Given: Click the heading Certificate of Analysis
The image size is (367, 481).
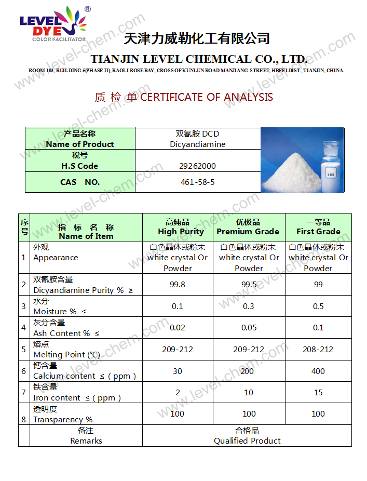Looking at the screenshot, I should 184,97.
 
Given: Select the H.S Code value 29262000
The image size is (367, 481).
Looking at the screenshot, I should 198,166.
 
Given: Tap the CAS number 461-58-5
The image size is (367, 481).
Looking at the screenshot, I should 197,182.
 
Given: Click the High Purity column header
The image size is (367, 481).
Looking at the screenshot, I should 178,227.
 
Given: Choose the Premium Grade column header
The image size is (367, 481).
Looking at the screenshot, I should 248,227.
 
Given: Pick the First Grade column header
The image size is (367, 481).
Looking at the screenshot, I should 318,227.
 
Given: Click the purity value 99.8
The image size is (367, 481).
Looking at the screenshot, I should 178,285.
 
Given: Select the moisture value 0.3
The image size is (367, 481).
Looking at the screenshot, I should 249,306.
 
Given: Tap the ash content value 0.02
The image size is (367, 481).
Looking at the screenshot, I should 178,328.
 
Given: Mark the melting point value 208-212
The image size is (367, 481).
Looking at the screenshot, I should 318,350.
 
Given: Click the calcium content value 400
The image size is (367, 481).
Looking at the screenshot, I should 318,371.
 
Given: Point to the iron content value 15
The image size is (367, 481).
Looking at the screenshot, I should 318,393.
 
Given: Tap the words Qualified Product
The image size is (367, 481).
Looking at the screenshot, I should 247,441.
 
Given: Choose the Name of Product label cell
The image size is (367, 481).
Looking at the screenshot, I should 80,139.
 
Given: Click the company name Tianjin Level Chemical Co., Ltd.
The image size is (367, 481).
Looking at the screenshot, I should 199,59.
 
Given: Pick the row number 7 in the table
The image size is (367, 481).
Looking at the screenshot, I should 24,393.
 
